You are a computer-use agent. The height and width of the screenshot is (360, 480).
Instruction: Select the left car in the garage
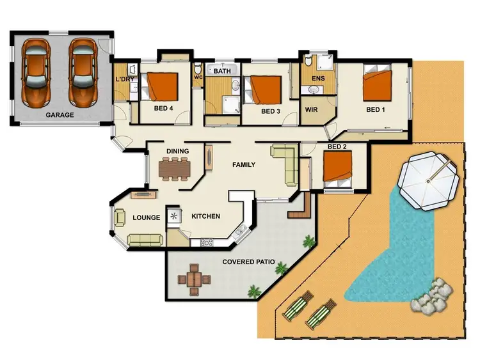(x=36, y=72)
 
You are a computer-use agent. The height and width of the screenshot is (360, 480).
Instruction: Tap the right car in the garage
(x=83, y=72)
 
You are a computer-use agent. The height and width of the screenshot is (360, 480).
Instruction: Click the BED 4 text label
(x=164, y=109)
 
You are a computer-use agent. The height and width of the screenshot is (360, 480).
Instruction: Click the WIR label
(x=312, y=110)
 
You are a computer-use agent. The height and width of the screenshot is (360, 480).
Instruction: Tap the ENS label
(x=318, y=79)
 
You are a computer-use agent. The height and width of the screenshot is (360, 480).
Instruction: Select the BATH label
(x=222, y=72)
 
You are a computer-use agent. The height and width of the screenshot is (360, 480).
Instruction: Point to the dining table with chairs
(x=175, y=168)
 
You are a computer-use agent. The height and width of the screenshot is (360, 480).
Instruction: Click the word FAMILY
(x=243, y=165)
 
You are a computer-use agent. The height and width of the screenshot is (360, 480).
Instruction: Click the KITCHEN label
(x=206, y=217)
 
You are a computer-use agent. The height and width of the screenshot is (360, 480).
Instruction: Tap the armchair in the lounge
(x=120, y=218)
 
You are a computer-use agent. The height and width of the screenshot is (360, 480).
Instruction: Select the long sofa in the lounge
(x=147, y=240)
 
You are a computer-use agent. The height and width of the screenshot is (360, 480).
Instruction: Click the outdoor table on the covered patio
(x=195, y=279)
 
